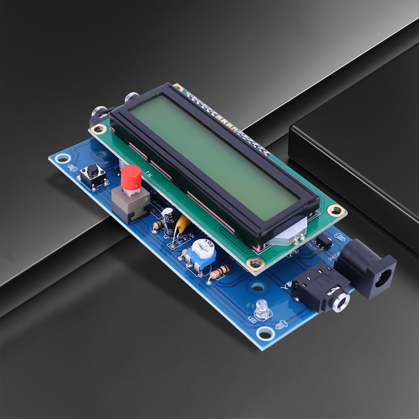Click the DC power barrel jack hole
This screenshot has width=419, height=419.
click(x=384, y=277)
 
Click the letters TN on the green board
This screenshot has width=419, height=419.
click(x=148, y=172)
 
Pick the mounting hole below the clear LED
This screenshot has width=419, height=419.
click(x=265, y=333)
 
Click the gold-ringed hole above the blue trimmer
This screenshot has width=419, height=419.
click(x=254, y=263)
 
